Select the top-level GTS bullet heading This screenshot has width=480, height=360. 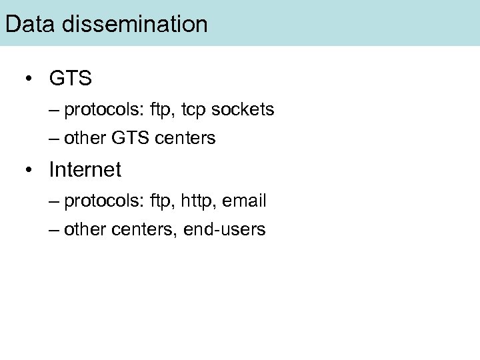70,79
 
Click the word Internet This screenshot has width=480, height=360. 85,169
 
